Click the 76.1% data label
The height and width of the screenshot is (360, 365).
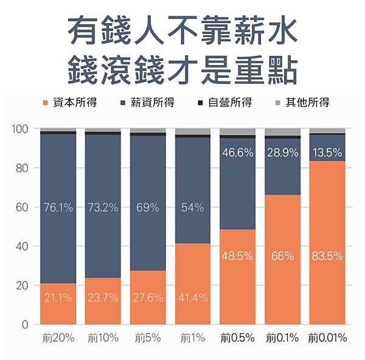pyautogui.click(x=58, y=208)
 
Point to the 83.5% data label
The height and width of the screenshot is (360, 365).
pyautogui.click(x=327, y=256)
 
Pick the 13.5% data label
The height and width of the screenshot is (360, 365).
pyautogui.click(x=327, y=153)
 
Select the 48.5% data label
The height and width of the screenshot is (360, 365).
pyautogui.click(x=238, y=256)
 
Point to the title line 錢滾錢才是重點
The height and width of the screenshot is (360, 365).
pyautogui.click(x=182, y=68)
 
